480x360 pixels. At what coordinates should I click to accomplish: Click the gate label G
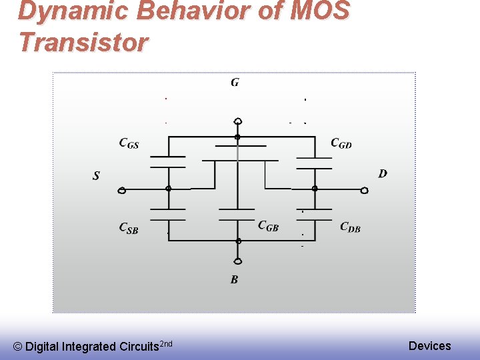(235, 83)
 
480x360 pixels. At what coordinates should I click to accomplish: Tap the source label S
(96, 176)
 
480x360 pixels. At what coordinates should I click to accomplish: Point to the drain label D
(383, 173)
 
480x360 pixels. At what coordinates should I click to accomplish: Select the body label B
(234, 280)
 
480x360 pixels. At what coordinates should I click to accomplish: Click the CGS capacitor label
(129, 143)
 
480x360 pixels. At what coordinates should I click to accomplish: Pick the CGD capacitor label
(341, 143)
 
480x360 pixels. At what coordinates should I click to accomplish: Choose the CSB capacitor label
(129, 228)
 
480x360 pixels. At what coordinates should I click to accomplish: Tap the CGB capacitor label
(268, 226)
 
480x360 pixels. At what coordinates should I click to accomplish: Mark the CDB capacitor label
(350, 227)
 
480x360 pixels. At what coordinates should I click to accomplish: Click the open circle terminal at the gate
(238, 121)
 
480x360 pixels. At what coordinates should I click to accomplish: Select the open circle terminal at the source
(122, 191)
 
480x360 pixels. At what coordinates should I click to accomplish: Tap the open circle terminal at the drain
(364, 191)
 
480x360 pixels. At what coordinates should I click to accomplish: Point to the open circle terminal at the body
(238, 261)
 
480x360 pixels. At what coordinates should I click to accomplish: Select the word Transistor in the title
(84, 42)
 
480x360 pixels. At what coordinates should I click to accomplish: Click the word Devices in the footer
(429, 345)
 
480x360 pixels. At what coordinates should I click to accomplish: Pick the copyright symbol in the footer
(18, 347)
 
